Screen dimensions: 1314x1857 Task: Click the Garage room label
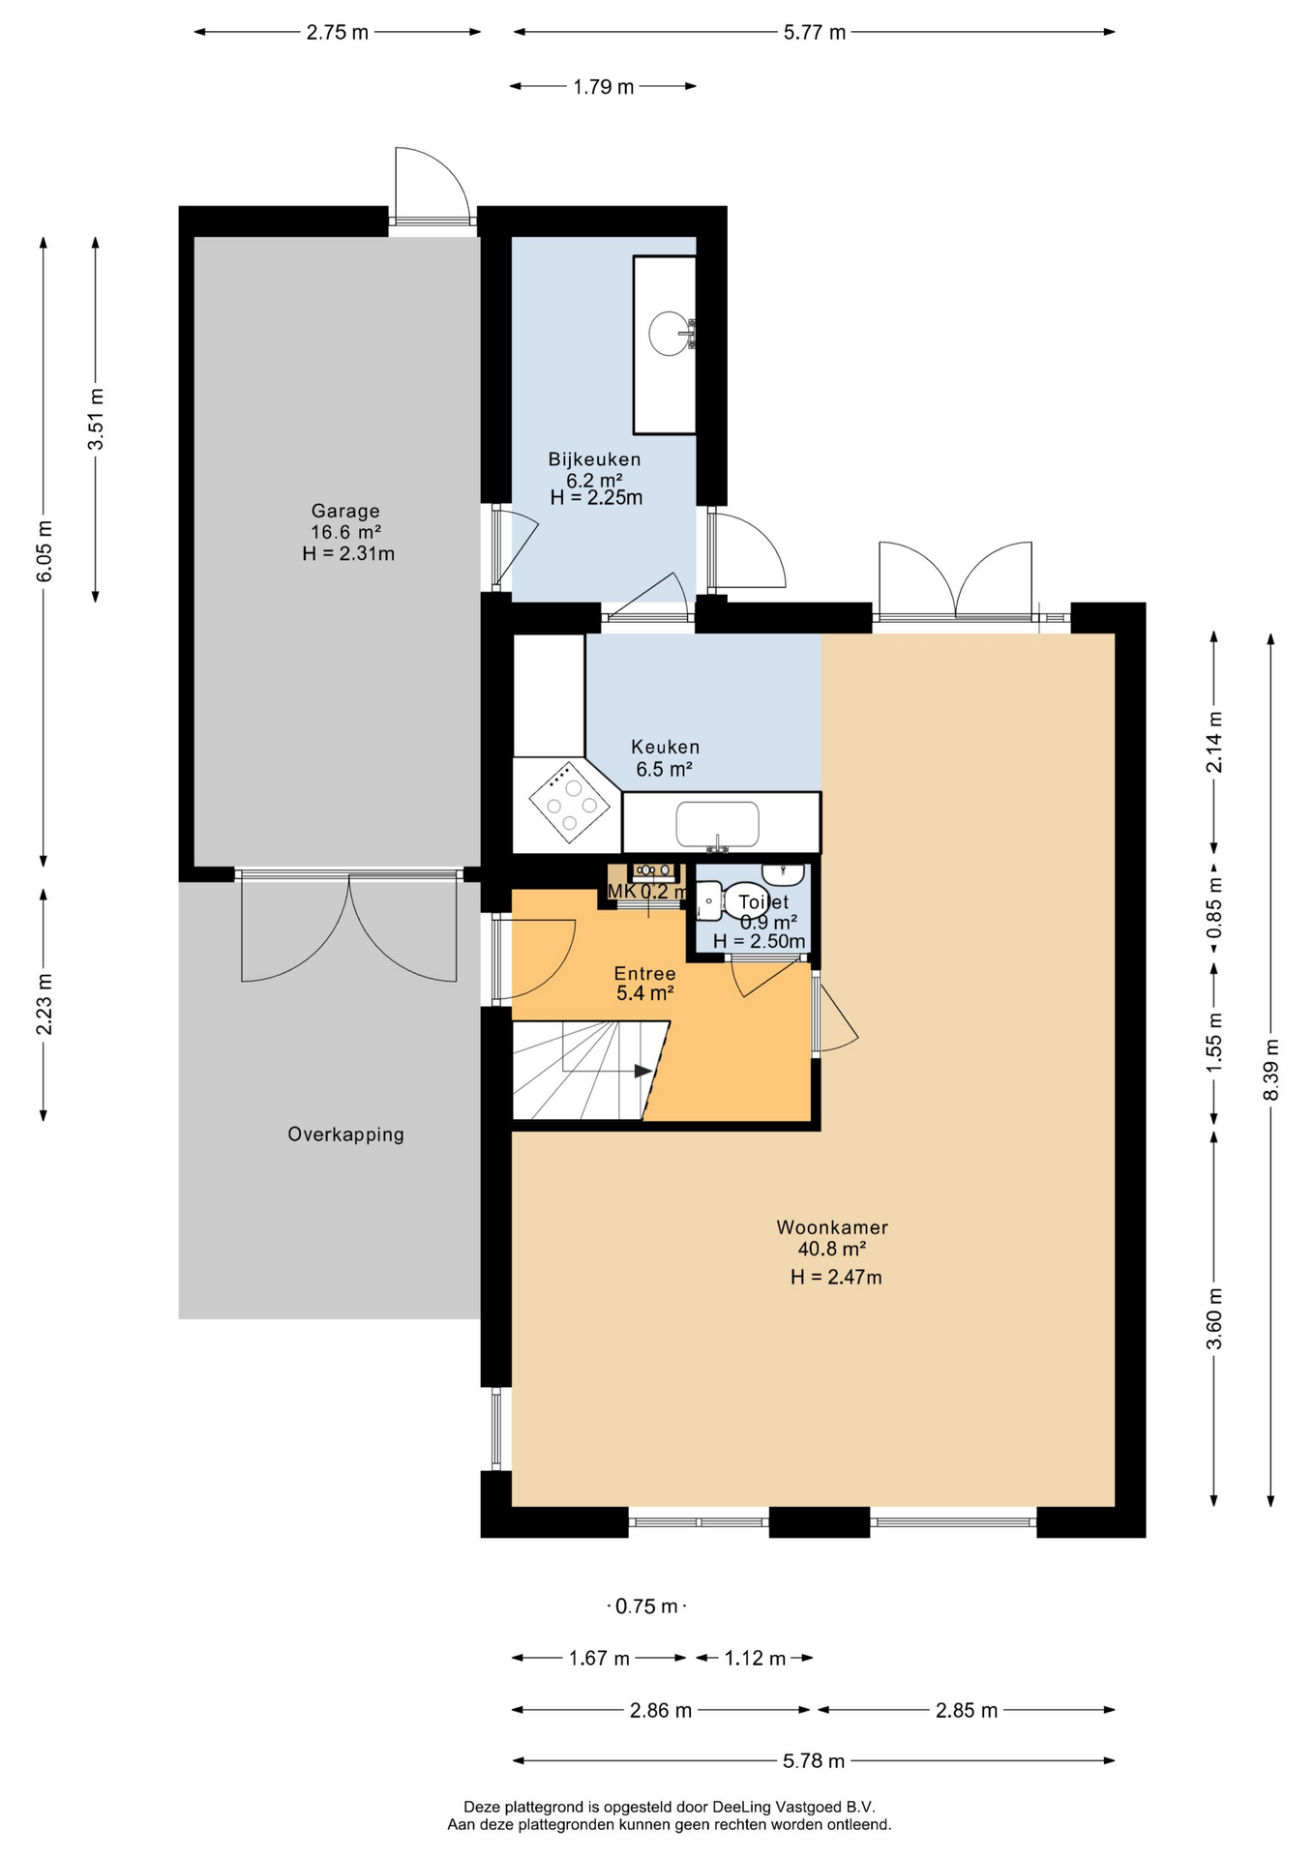pyautogui.click(x=345, y=511)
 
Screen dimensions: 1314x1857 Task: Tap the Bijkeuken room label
pyautogui.click(x=594, y=458)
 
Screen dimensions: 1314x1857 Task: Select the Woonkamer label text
pyautogui.click(x=832, y=1227)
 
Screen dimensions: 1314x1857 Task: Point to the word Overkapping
pyautogui.click(x=345, y=1135)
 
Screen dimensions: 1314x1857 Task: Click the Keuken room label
pyautogui.click(x=665, y=747)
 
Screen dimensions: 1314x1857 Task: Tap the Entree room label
pyautogui.click(x=644, y=973)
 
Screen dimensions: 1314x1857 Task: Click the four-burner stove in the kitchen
pyautogui.click(x=570, y=802)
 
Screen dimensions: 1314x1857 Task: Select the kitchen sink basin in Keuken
pyautogui.click(x=717, y=824)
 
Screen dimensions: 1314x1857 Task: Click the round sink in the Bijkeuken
pyautogui.click(x=671, y=334)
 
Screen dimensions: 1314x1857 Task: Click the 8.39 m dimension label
pyautogui.click(x=1270, y=1069)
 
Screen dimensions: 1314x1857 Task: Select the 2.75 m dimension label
pyautogui.click(x=338, y=32)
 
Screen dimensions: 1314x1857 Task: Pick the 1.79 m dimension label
pyautogui.click(x=604, y=87)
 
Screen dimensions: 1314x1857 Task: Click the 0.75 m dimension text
pyautogui.click(x=646, y=1606)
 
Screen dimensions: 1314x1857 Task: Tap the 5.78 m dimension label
pyautogui.click(x=814, y=1761)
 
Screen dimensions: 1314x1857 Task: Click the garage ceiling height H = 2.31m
pyautogui.click(x=348, y=554)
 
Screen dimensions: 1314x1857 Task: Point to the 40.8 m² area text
pyautogui.click(x=832, y=1249)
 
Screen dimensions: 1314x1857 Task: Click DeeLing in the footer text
pyautogui.click(x=740, y=1807)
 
